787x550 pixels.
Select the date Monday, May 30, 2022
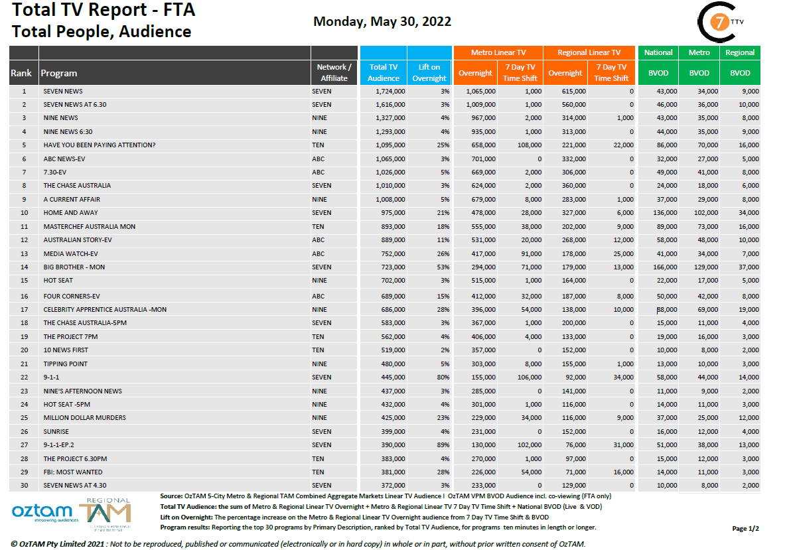[x=382, y=21]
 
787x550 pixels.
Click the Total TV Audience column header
[x=383, y=72]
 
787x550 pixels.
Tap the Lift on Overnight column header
[x=429, y=72]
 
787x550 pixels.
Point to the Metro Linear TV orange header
[x=498, y=52]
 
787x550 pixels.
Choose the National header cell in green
[x=658, y=52]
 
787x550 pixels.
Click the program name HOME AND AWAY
[x=70, y=213]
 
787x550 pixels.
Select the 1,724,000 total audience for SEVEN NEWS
[x=390, y=92]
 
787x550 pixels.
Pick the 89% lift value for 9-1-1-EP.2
[x=443, y=445]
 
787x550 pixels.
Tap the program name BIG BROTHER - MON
[x=74, y=267]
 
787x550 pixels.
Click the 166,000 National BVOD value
[x=664, y=267]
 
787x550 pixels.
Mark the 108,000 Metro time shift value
[x=528, y=145]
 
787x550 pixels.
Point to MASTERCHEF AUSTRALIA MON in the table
[x=89, y=227]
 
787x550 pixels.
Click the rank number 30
[x=24, y=486]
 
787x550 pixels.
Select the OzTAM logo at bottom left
[x=42, y=512]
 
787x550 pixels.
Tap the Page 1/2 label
[x=745, y=528]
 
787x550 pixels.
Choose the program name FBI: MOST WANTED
[x=73, y=472]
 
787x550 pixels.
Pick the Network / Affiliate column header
[x=334, y=72]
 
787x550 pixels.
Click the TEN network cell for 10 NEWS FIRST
[x=318, y=350]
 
